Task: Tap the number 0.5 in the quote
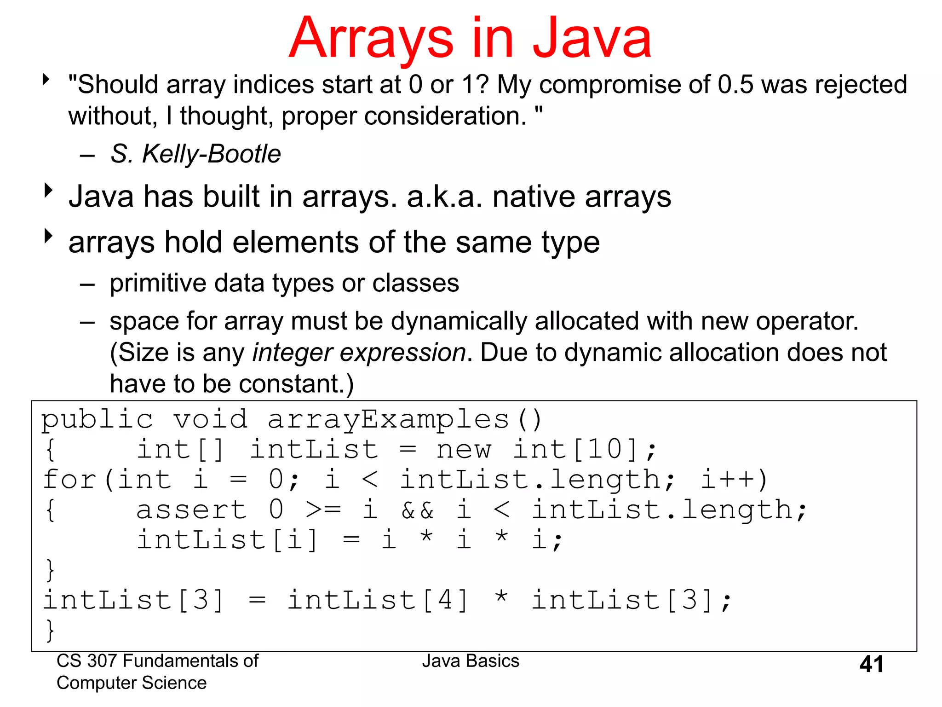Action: click(x=735, y=85)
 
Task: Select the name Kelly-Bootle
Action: click(x=211, y=154)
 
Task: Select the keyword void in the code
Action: click(x=210, y=419)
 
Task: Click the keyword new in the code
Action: click(x=463, y=449)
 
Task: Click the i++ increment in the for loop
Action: click(x=728, y=480)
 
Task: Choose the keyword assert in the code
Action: click(x=191, y=510)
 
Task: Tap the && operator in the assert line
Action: click(x=417, y=510)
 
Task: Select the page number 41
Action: click(x=871, y=664)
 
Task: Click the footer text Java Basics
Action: click(x=471, y=661)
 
